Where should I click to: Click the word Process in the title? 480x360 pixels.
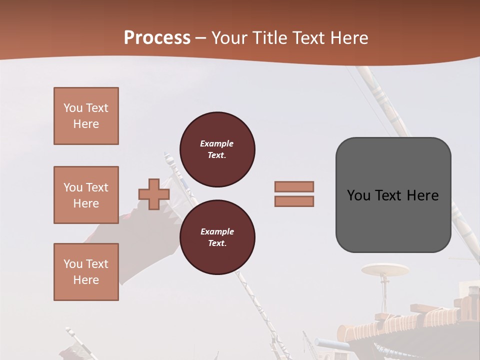pos(157,38)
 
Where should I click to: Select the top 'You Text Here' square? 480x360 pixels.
pos(86,116)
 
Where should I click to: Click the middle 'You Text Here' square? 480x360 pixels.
pos(86,195)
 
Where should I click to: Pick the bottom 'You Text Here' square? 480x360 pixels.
pos(86,272)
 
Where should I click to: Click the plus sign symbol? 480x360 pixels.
pos(153,194)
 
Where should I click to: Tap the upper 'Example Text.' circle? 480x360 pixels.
pos(217,149)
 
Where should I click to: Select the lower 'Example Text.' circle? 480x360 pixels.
pos(217,237)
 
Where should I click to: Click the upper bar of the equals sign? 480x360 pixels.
pos(294,186)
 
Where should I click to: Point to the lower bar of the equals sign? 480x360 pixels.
pos(294,201)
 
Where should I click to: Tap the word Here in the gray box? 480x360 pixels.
pos(422,195)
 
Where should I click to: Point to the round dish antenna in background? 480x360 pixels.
pos(385,270)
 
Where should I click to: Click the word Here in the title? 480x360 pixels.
pos(348,38)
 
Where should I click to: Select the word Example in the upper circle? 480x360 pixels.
pos(217,143)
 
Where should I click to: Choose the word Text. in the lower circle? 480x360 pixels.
pos(217,243)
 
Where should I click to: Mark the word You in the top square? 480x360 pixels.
pos(72,108)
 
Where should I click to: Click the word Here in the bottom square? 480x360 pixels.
pos(86,280)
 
